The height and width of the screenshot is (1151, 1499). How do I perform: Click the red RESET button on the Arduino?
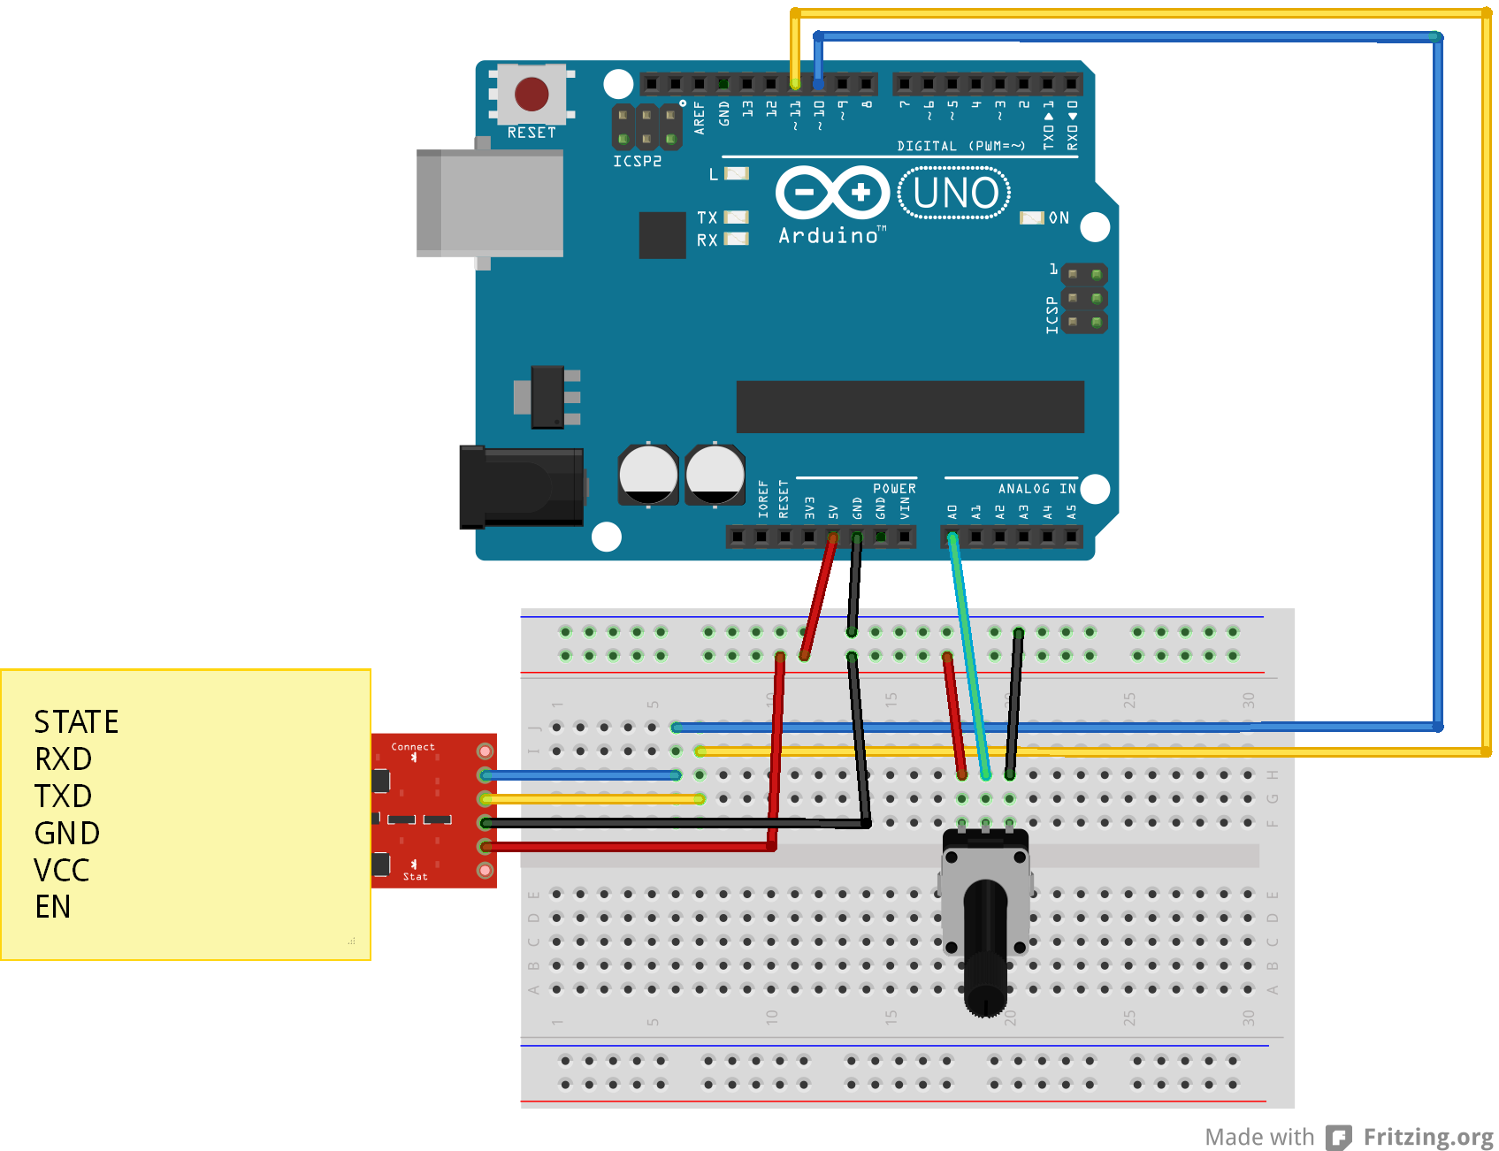tap(532, 94)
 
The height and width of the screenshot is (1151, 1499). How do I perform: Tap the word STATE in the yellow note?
tap(76, 722)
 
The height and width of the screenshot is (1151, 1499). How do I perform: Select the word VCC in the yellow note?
tap(62, 871)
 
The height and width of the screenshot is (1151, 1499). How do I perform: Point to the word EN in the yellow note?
tap(53, 907)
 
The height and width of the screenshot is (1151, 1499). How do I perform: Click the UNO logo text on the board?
tap(955, 194)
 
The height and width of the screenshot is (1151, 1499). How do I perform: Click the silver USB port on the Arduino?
tap(492, 203)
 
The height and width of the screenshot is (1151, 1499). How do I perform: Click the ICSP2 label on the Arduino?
tap(637, 162)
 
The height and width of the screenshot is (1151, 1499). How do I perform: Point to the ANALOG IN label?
tap(1036, 489)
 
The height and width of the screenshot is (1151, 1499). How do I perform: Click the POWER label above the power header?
tap(894, 489)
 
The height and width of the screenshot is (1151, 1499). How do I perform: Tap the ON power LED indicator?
tap(1032, 218)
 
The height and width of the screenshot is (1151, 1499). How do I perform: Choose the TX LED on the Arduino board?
tap(736, 217)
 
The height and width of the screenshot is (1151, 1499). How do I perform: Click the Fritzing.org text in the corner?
tap(1427, 1137)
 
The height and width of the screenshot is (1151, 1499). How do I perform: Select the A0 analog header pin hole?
tap(952, 536)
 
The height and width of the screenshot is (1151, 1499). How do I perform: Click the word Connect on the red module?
tap(413, 747)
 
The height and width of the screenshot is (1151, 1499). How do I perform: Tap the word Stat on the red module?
tap(415, 877)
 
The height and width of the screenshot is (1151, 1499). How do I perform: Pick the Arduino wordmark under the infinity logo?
tap(829, 236)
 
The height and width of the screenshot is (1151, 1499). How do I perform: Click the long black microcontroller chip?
tap(910, 407)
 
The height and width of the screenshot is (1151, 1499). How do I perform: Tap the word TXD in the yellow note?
tap(63, 797)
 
